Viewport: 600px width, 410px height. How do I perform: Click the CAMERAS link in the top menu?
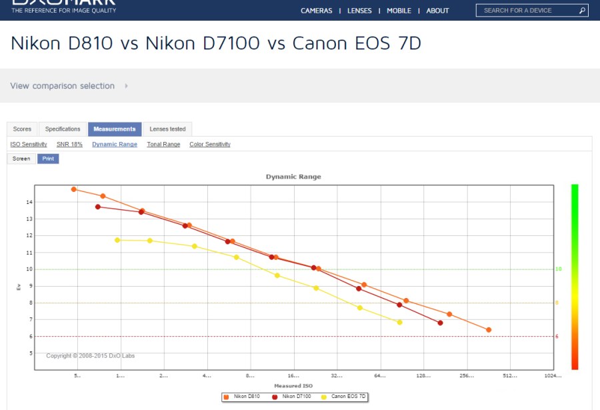coord(316,11)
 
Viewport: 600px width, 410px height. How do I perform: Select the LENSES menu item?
coord(359,11)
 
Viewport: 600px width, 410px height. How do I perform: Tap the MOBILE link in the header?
coord(399,11)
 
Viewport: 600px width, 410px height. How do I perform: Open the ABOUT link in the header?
coord(437,11)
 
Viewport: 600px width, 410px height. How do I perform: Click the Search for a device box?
coord(527,11)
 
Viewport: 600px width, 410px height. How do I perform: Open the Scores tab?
coord(22,129)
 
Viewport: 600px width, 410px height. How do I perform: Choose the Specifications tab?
coord(63,129)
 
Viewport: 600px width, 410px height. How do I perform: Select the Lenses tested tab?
coord(167,129)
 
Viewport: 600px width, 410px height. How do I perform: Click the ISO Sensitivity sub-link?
coord(29,144)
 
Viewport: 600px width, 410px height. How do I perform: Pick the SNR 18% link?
coord(69,144)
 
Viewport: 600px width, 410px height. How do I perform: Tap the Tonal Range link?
coord(163,144)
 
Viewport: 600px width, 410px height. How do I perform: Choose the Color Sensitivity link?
coord(210,144)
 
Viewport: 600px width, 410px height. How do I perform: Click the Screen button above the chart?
coord(21,159)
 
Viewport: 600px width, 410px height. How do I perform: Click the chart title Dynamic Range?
coord(293,177)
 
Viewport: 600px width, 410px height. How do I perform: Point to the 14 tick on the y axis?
coord(29,201)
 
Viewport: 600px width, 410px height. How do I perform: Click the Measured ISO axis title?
coord(293,386)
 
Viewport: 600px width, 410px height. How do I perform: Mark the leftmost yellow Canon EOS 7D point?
coord(117,240)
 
